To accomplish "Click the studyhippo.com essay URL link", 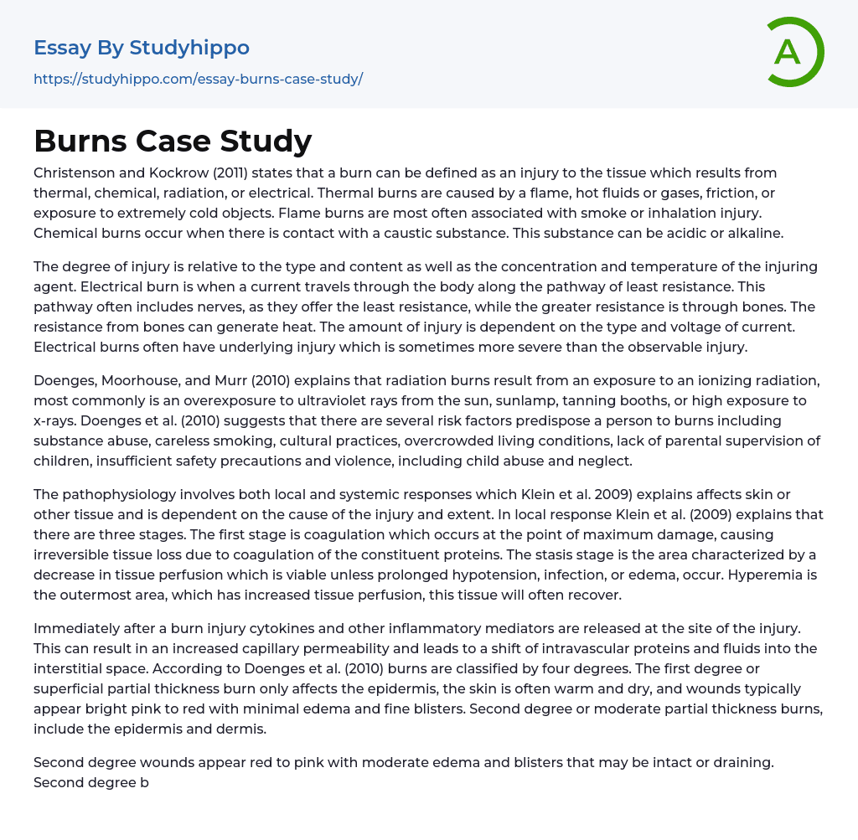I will point(198,80).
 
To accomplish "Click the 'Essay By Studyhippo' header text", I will point(142,48).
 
